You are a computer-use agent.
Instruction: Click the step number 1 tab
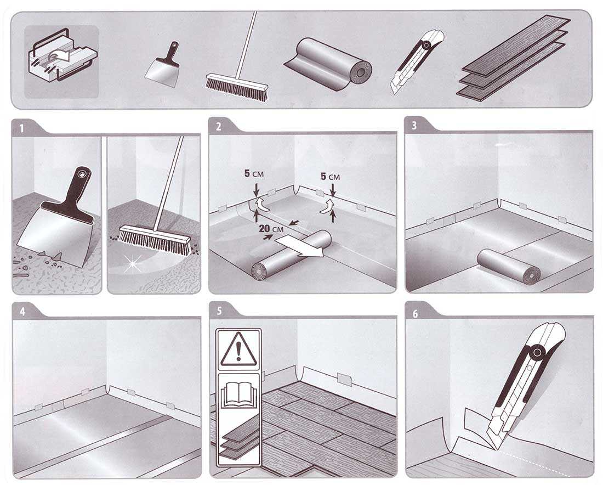(x=22, y=128)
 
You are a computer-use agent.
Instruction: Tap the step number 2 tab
(x=219, y=127)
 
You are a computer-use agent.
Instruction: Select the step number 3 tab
(x=414, y=126)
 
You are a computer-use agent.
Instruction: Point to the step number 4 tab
(x=22, y=312)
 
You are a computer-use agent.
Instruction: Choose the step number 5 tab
(x=220, y=311)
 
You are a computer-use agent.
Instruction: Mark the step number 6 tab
(x=416, y=314)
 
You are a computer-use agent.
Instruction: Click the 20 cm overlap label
(x=271, y=229)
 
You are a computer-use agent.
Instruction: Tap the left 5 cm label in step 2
(x=254, y=173)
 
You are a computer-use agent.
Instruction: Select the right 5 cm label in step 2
(x=330, y=177)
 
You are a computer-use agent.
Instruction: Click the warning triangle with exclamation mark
(x=239, y=349)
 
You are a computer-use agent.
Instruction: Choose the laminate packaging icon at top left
(x=61, y=61)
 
